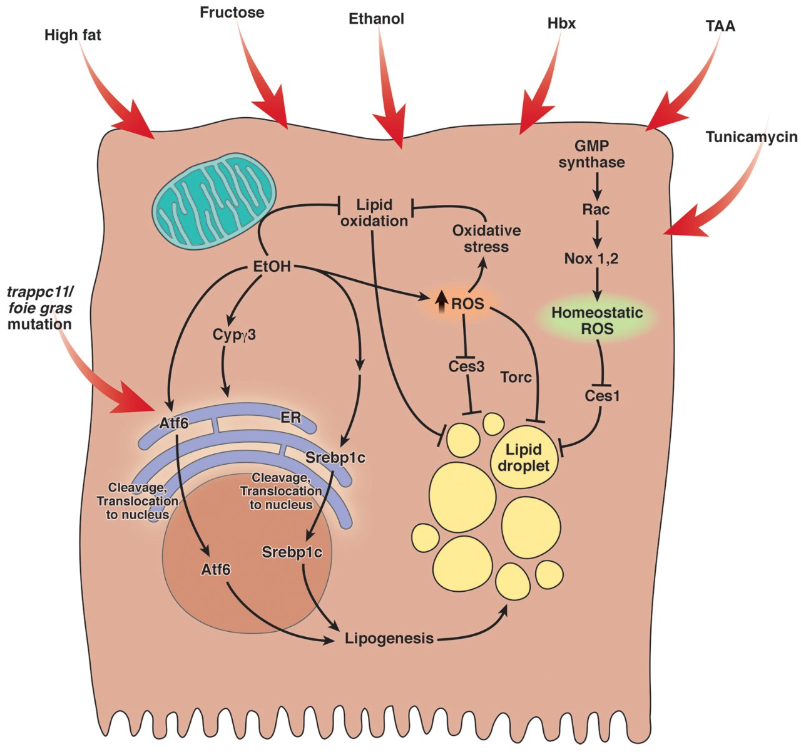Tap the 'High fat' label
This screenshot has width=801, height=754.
73,35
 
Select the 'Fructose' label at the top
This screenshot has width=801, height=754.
232,12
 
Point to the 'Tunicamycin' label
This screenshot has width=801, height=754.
752,137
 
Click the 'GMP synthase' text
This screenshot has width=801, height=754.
591,154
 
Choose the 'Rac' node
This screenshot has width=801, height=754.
596,209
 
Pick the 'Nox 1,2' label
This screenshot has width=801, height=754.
591,258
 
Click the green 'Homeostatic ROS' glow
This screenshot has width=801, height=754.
597,320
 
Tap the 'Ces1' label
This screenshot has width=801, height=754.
602,395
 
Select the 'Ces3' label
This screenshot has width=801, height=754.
466,366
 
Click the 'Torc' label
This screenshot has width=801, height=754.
516,377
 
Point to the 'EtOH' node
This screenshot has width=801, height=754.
272,266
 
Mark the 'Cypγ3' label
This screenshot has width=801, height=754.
234,334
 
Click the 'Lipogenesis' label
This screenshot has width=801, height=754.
389,639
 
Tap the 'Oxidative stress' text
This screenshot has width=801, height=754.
486,239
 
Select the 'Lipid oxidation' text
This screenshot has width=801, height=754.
374,213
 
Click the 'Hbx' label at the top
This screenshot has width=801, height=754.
561,24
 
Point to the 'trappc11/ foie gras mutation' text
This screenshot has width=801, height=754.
40,308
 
